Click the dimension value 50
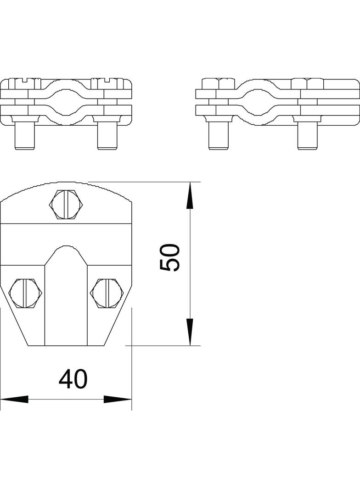[x=169, y=257]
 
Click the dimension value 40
[x=73, y=379]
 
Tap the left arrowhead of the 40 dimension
[x=14, y=399]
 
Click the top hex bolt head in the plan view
[x=66, y=204]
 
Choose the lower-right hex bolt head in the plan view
[x=106, y=292]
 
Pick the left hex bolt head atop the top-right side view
[x=219, y=84]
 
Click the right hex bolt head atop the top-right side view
[x=307, y=84]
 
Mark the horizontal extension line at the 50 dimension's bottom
[x=165, y=345]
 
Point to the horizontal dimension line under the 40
[x=66, y=399]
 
